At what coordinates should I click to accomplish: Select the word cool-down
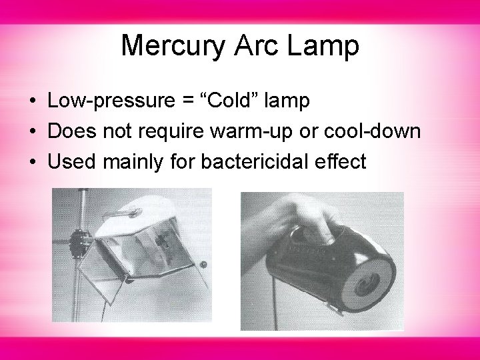pyautogui.click(x=378, y=131)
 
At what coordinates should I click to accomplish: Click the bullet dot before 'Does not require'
pyautogui.click(x=32, y=132)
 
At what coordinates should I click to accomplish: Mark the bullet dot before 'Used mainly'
pyautogui.click(x=32, y=161)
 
